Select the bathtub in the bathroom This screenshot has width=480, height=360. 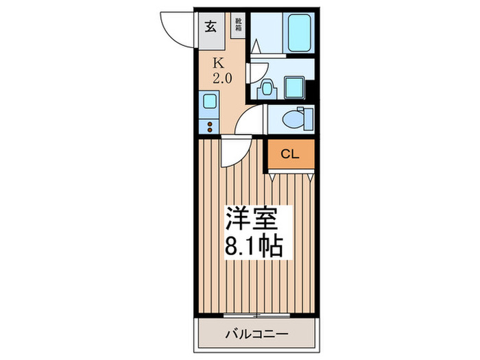click(296, 32)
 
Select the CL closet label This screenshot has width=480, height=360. click(290, 154)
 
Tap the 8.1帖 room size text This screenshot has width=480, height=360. click(253, 245)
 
